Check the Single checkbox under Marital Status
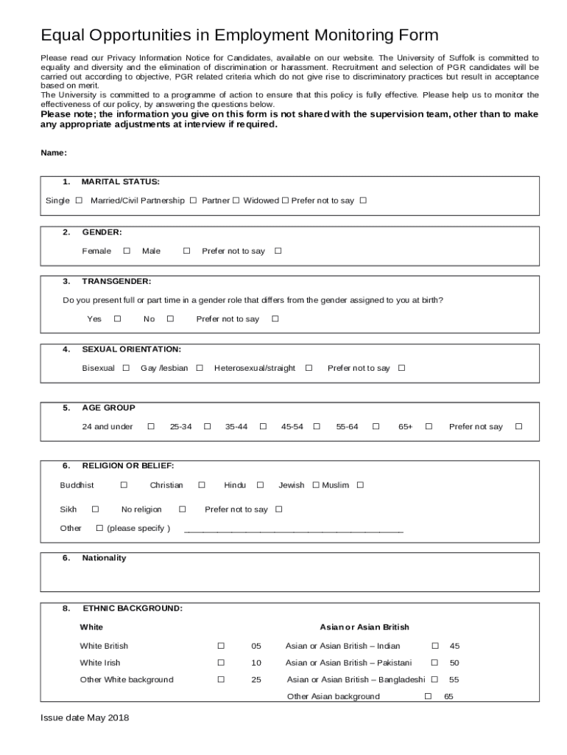click(x=79, y=201)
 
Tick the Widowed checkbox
click(x=285, y=201)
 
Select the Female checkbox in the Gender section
click(x=127, y=251)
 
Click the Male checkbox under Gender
click(x=186, y=251)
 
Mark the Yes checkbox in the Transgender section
click(x=117, y=319)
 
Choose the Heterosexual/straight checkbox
click(x=309, y=368)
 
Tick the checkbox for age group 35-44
click(x=263, y=426)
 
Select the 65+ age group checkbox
click(x=429, y=426)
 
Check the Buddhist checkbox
click(x=124, y=485)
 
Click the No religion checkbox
click(x=183, y=509)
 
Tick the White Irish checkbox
click(x=220, y=663)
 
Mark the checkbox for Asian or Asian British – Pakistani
click(x=434, y=663)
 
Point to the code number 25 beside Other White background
click(x=256, y=680)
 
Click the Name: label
click(x=54, y=153)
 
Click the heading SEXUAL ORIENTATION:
click(x=131, y=349)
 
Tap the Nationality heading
click(x=104, y=558)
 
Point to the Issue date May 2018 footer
click(x=85, y=718)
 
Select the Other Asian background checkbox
click(x=428, y=696)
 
